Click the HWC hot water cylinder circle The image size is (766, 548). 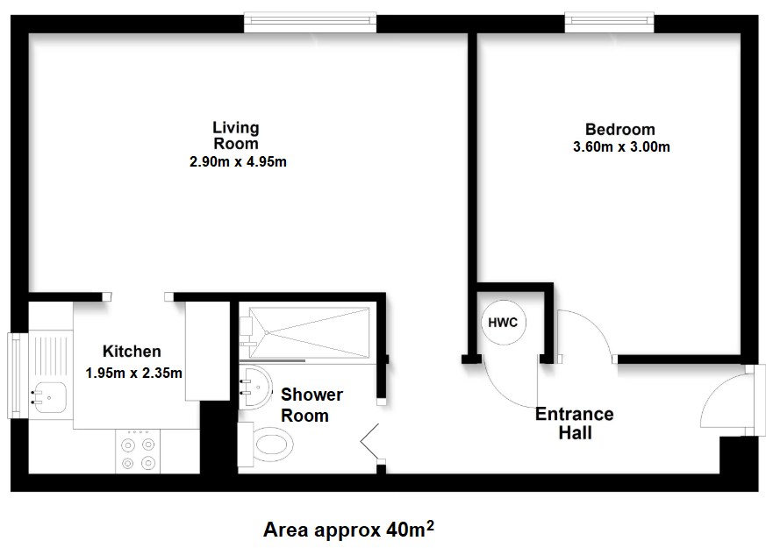pyautogui.click(x=503, y=323)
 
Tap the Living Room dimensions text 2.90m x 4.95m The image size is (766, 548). pyautogui.click(x=238, y=161)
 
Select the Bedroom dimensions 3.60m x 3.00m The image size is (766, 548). pyautogui.click(x=621, y=146)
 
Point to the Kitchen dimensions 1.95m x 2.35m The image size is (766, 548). pyautogui.click(x=134, y=373)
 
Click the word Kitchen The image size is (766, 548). pyautogui.click(x=132, y=352)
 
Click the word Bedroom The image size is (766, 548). pyautogui.click(x=620, y=129)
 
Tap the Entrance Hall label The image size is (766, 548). pyautogui.click(x=575, y=423)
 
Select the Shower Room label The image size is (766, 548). pyautogui.click(x=311, y=405)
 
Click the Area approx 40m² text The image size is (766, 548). pyautogui.click(x=348, y=529)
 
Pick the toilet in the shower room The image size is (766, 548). pyautogui.click(x=266, y=445)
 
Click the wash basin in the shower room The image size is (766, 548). pyautogui.click(x=255, y=387)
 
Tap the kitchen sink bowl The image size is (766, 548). pyautogui.click(x=49, y=397)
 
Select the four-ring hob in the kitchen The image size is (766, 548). pyautogui.click(x=138, y=451)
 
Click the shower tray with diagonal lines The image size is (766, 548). pyautogui.click(x=309, y=332)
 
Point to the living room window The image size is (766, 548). pyautogui.click(x=311, y=24)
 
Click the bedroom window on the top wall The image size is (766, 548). pyautogui.click(x=609, y=24)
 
